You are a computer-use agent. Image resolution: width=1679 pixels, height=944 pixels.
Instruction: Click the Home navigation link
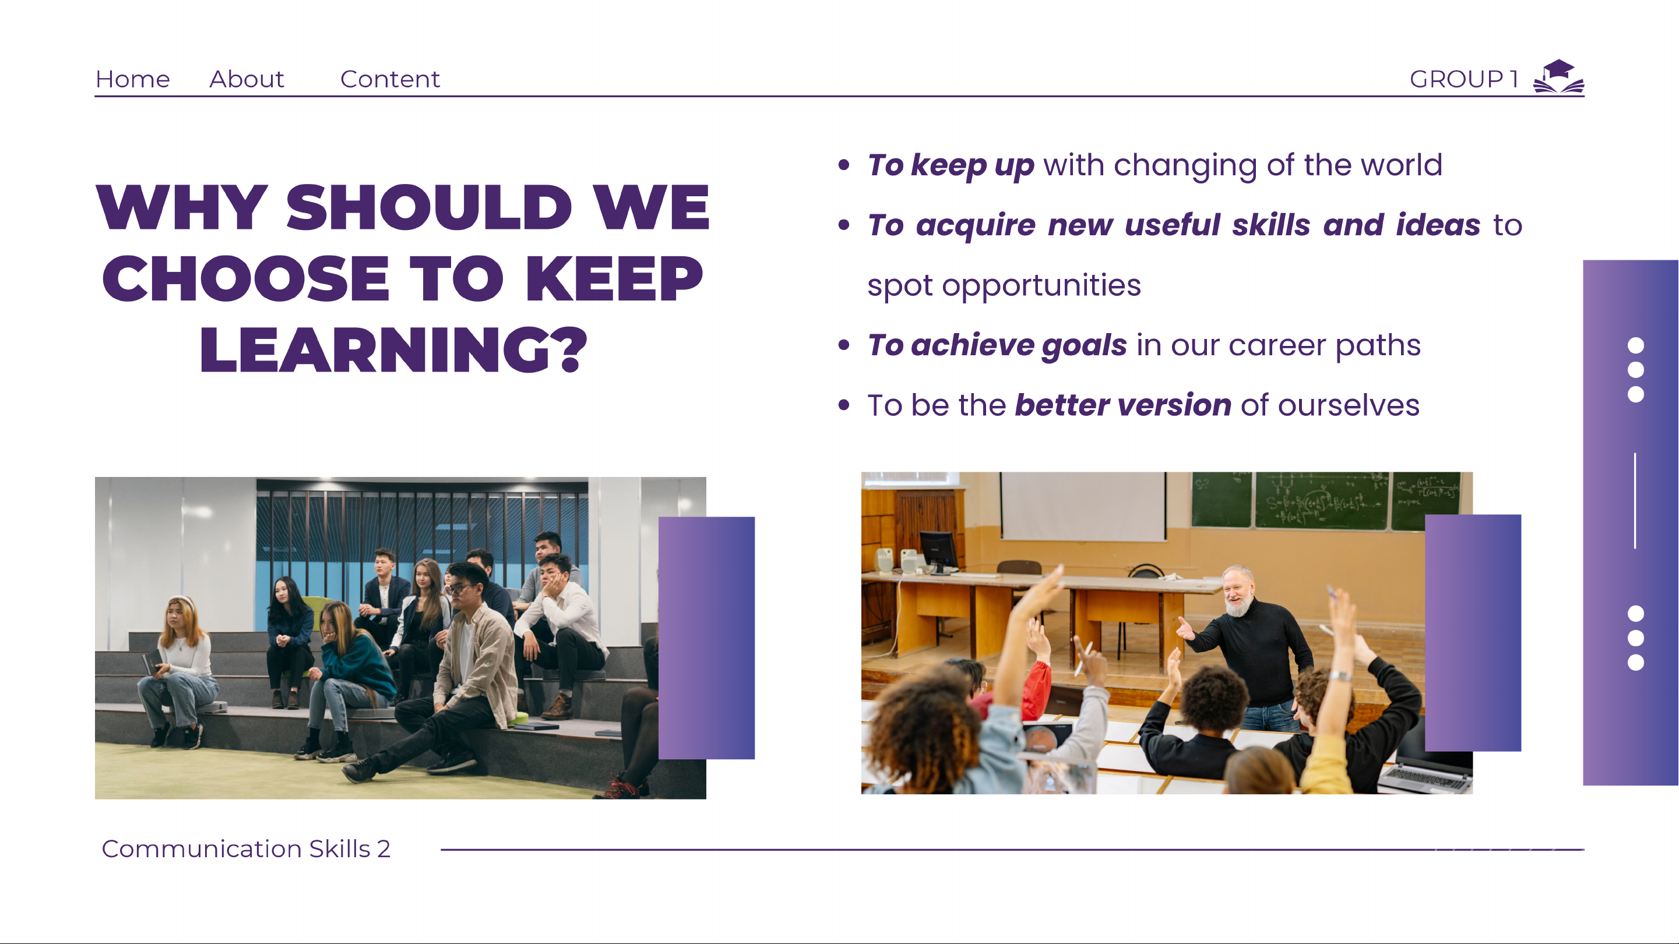pos(132,79)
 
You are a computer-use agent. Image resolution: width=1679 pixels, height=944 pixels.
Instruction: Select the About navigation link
pos(247,79)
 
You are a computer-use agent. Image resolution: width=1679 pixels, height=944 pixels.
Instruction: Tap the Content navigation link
pos(390,79)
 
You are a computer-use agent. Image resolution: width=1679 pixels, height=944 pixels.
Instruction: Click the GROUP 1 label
pos(1464,79)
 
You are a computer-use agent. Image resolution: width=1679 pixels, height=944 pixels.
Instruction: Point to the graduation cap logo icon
pos(1558,77)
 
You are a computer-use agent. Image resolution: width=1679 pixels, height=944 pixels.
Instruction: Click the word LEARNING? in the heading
pos(394,350)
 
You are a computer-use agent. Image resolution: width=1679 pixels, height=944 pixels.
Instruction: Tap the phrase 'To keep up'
pos(951,165)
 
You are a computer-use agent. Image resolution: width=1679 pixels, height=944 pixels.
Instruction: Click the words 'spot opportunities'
pos(1004,285)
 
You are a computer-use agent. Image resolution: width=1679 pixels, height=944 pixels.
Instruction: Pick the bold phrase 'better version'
pos(1123,405)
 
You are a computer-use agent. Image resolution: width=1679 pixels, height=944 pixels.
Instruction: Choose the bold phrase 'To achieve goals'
pos(997,345)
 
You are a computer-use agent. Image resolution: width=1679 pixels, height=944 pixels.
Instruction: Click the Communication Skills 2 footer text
pos(246,849)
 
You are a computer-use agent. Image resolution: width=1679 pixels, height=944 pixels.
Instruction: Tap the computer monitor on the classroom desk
pos(938,551)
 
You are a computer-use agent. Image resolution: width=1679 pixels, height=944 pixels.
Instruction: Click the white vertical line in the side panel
pos(1635,500)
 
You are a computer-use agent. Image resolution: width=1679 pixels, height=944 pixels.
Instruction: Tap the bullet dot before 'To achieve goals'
pos(844,345)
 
